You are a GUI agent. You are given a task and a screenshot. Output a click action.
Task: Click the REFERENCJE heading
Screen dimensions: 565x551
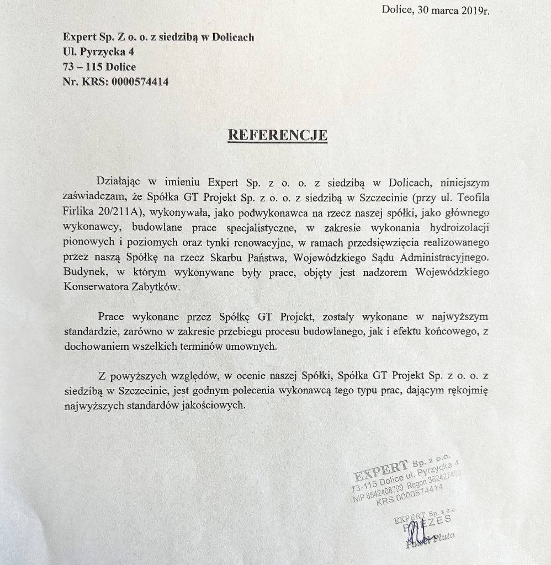click(278, 135)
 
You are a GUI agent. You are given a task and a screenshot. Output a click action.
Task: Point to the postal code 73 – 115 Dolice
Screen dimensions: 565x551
click(99, 67)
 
